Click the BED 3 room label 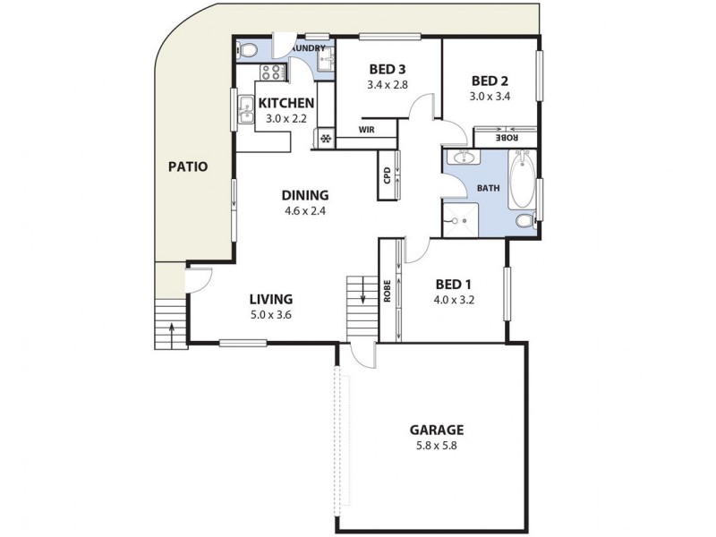click(386, 69)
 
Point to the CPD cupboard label click(387, 175)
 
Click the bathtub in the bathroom click(521, 181)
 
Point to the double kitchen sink click(246, 113)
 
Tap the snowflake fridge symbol click(326, 139)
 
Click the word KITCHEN click(286, 103)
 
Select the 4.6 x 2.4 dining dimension click(305, 212)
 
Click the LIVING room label click(271, 299)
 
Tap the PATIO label click(188, 166)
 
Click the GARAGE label click(436, 430)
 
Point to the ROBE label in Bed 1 click(387, 293)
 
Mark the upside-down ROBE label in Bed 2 click(507, 138)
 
